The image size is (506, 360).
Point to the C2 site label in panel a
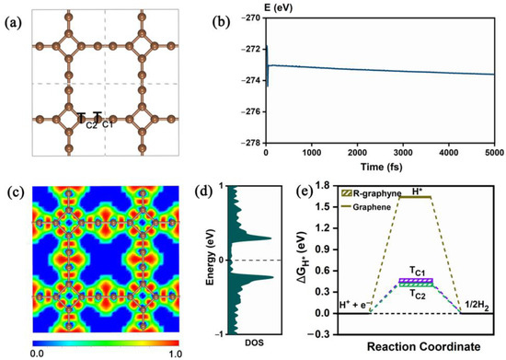(x=88, y=124)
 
